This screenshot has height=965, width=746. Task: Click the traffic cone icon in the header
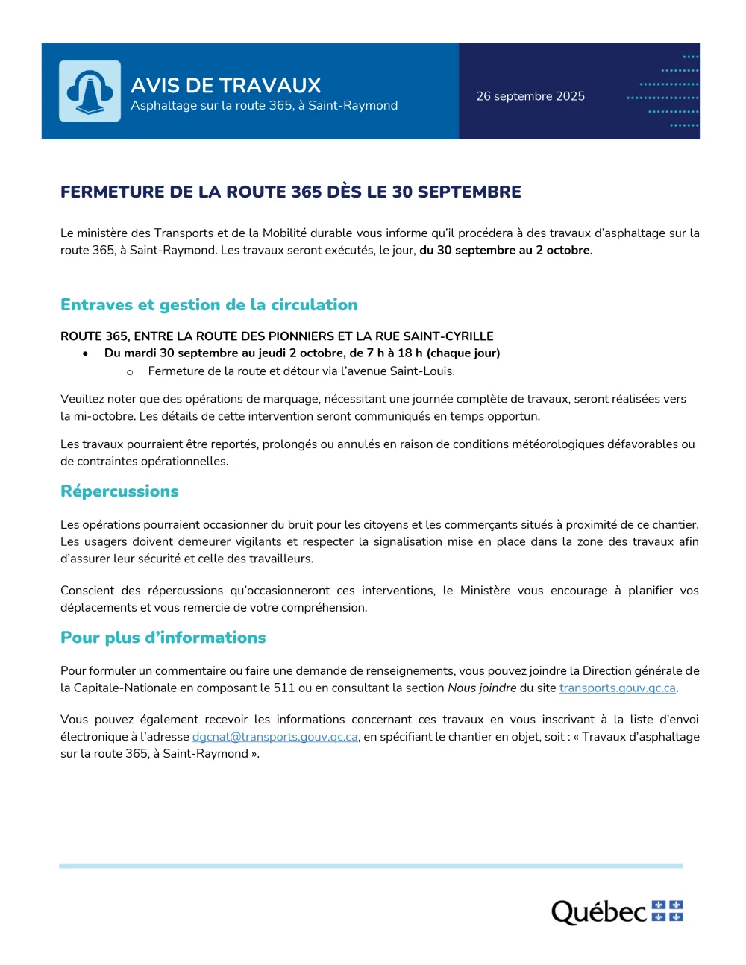point(90,91)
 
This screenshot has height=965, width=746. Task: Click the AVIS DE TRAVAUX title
point(225,85)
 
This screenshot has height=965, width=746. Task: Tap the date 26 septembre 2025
point(530,96)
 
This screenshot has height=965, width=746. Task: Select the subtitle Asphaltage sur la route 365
point(264,106)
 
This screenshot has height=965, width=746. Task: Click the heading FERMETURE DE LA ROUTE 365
point(290,192)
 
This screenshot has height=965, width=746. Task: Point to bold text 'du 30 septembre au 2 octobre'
point(504,251)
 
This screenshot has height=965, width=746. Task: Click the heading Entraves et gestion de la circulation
point(209,304)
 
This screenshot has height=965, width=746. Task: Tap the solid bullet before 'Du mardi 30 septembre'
point(86,353)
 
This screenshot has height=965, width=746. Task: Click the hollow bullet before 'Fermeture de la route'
point(130,372)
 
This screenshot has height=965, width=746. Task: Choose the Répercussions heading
point(119,491)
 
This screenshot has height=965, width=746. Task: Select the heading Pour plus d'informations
point(163,638)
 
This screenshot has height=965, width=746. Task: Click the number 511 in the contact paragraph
point(283,688)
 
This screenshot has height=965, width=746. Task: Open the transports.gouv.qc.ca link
point(617,688)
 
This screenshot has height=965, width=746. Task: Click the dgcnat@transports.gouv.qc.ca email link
point(275,737)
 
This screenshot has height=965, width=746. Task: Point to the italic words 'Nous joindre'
point(481,688)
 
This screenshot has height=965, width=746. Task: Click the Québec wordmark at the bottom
point(598,911)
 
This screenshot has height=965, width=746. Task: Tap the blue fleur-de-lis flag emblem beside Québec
point(667,911)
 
